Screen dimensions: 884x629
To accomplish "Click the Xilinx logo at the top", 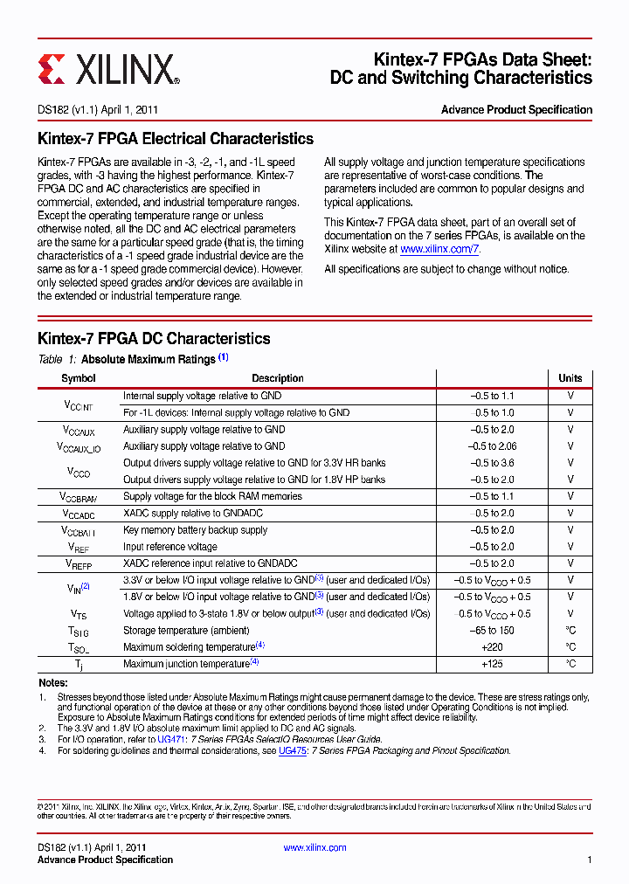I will coord(109,68).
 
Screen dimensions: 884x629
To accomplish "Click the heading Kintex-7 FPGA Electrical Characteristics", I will coord(176,139).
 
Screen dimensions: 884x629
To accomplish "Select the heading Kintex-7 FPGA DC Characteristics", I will coord(154,339).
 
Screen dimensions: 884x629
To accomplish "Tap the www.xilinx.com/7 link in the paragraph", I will coord(439,249).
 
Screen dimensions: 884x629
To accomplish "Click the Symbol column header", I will coord(79,378).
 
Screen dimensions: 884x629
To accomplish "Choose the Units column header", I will coord(570,378).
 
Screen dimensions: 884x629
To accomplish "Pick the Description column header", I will coord(278,378).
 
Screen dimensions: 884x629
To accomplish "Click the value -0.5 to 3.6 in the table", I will coord(492,463).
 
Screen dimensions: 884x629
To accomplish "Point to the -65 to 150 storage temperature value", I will coord(492,631).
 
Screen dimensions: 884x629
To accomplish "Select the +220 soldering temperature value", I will coord(492,647).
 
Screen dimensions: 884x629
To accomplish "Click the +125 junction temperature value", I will coord(492,664).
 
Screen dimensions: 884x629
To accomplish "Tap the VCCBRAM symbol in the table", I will coord(79,497).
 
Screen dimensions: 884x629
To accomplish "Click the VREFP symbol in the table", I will coord(79,564).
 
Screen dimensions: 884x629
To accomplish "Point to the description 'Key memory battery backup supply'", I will coord(195,530).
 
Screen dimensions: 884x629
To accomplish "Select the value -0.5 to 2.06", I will coord(492,446).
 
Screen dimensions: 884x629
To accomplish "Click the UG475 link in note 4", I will coord(292,750).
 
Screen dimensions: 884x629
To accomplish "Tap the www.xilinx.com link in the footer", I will coord(314,847).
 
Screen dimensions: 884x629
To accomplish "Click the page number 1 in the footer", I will coord(589,860).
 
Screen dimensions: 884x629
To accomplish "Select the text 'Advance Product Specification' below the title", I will coord(516,110).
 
